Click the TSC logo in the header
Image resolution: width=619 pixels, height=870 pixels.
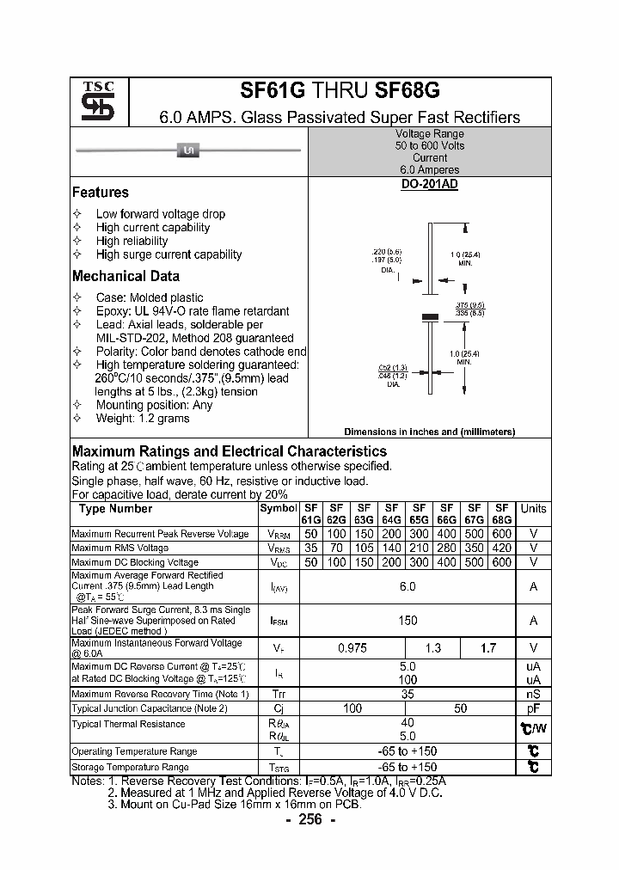91,102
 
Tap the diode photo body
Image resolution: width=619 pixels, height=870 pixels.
187,151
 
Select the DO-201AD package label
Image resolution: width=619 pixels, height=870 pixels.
429,185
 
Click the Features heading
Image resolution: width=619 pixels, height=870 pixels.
101,193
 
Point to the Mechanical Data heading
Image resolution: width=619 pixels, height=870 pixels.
126,276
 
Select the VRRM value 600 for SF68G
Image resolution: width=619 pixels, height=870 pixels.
502,534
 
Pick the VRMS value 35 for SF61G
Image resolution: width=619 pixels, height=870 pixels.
310,548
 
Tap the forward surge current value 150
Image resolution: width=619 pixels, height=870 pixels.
408,620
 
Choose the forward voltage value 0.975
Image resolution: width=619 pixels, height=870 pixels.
352,648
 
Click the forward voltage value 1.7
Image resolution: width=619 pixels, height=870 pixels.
488,648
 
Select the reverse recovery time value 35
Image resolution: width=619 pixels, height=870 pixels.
408,694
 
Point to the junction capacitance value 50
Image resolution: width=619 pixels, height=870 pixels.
461,708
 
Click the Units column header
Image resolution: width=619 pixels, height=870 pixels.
533,508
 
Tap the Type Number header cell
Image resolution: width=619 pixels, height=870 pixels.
116,508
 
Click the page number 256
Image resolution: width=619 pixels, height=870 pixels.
309,819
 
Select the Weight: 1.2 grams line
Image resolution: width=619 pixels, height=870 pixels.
143,418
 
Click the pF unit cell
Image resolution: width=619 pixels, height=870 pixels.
533,708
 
